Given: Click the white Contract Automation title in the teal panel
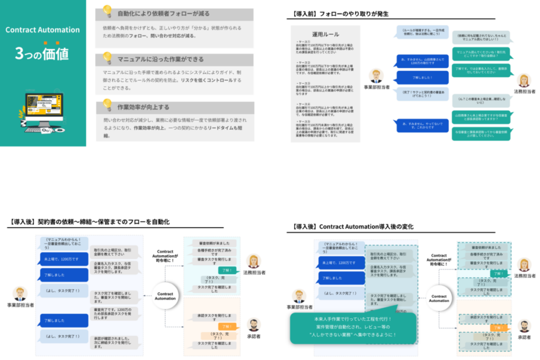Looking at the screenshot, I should [43, 30].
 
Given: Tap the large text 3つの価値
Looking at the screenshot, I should [42, 53].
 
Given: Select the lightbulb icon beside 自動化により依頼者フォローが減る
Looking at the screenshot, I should [107, 11].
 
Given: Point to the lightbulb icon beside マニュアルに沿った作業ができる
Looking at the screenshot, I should [107, 57].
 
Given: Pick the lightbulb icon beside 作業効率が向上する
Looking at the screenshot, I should [107, 104].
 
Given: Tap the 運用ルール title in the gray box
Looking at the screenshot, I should [325, 34].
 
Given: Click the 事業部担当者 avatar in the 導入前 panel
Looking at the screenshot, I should [377, 75].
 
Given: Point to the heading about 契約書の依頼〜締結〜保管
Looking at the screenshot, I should [89, 222].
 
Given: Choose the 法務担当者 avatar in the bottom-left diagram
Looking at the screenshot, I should [254, 261].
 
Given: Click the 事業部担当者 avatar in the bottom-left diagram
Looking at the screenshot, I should [20, 294].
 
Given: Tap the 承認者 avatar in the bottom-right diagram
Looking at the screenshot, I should [524, 327].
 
